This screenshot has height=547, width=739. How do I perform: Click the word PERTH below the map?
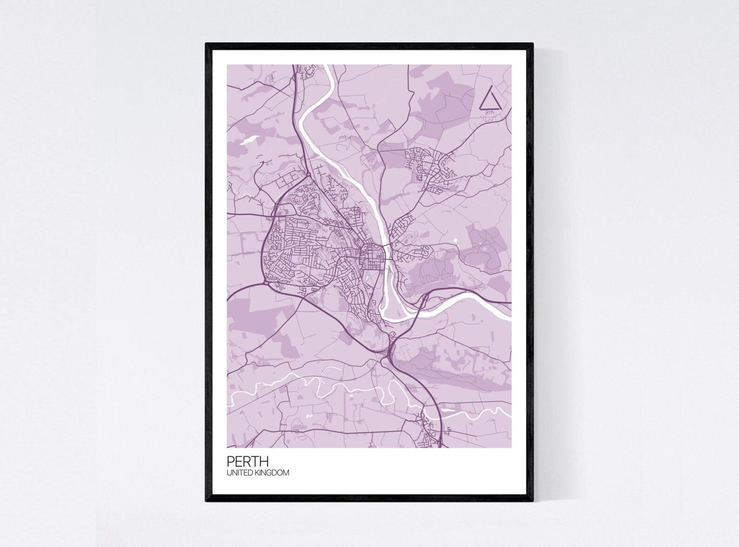click(247, 461)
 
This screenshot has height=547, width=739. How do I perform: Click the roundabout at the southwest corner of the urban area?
click(266, 281)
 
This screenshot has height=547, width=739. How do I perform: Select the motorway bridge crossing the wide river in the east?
click(425, 297)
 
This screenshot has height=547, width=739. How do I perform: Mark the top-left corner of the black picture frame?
click(206, 44)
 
